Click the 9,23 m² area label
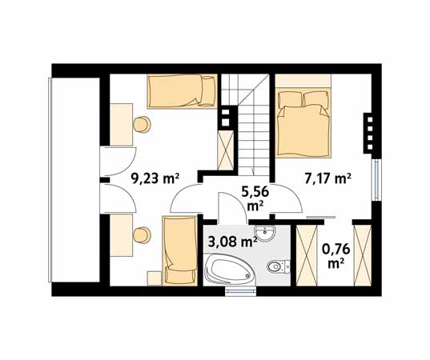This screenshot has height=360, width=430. [x=155, y=178]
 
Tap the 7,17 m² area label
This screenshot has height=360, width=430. [x=328, y=178]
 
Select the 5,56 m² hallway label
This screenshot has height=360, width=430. [x=255, y=198]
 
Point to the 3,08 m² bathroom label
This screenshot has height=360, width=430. [x=232, y=241]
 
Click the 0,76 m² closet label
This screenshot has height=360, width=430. [x=336, y=257]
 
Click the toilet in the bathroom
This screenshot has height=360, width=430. [x=278, y=266]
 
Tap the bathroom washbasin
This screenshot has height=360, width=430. [x=264, y=234]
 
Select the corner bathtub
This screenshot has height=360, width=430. [x=231, y=269]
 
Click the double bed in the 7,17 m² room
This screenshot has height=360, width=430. [x=303, y=122]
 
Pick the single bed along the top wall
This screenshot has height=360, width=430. [x=182, y=91]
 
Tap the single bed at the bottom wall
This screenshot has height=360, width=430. [x=180, y=250]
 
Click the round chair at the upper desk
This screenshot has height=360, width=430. [x=142, y=125]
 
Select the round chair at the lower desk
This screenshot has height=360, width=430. [x=142, y=235]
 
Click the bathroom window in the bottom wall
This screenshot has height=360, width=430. [x=240, y=291]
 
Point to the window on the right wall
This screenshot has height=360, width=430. [x=376, y=180]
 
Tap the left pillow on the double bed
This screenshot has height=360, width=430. [x=290, y=99]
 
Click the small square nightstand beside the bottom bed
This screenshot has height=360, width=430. [x=155, y=278]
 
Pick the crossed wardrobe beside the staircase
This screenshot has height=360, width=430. [x=226, y=150]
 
